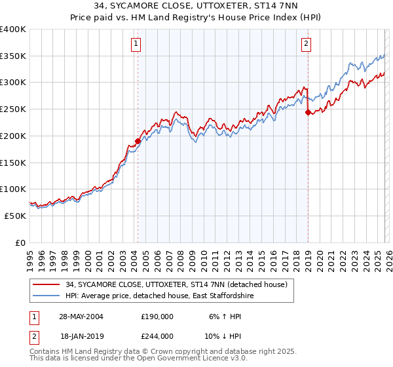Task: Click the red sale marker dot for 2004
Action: (138, 141)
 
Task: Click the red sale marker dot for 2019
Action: (308, 112)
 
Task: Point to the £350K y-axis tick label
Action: (13, 56)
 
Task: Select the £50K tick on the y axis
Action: (15, 216)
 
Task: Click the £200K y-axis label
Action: (13, 136)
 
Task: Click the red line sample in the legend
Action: (47, 284)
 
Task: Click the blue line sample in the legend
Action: (47, 296)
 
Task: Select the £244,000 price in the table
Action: (157, 336)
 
